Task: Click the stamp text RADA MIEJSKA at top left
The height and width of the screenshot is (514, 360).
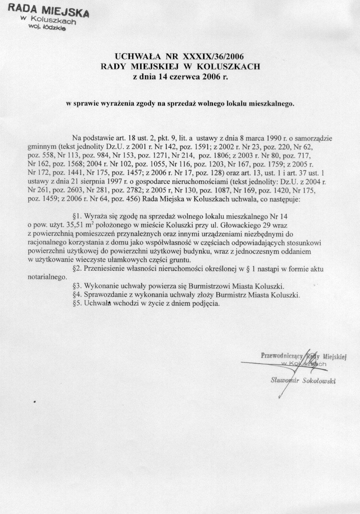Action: click(x=48, y=10)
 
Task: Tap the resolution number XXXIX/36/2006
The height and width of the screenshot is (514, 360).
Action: click(x=213, y=57)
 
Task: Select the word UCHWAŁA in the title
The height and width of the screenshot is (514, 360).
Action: click(x=138, y=57)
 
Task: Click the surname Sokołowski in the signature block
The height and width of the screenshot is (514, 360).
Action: click(x=318, y=381)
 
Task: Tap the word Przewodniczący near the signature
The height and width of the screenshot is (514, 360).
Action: click(x=281, y=356)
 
